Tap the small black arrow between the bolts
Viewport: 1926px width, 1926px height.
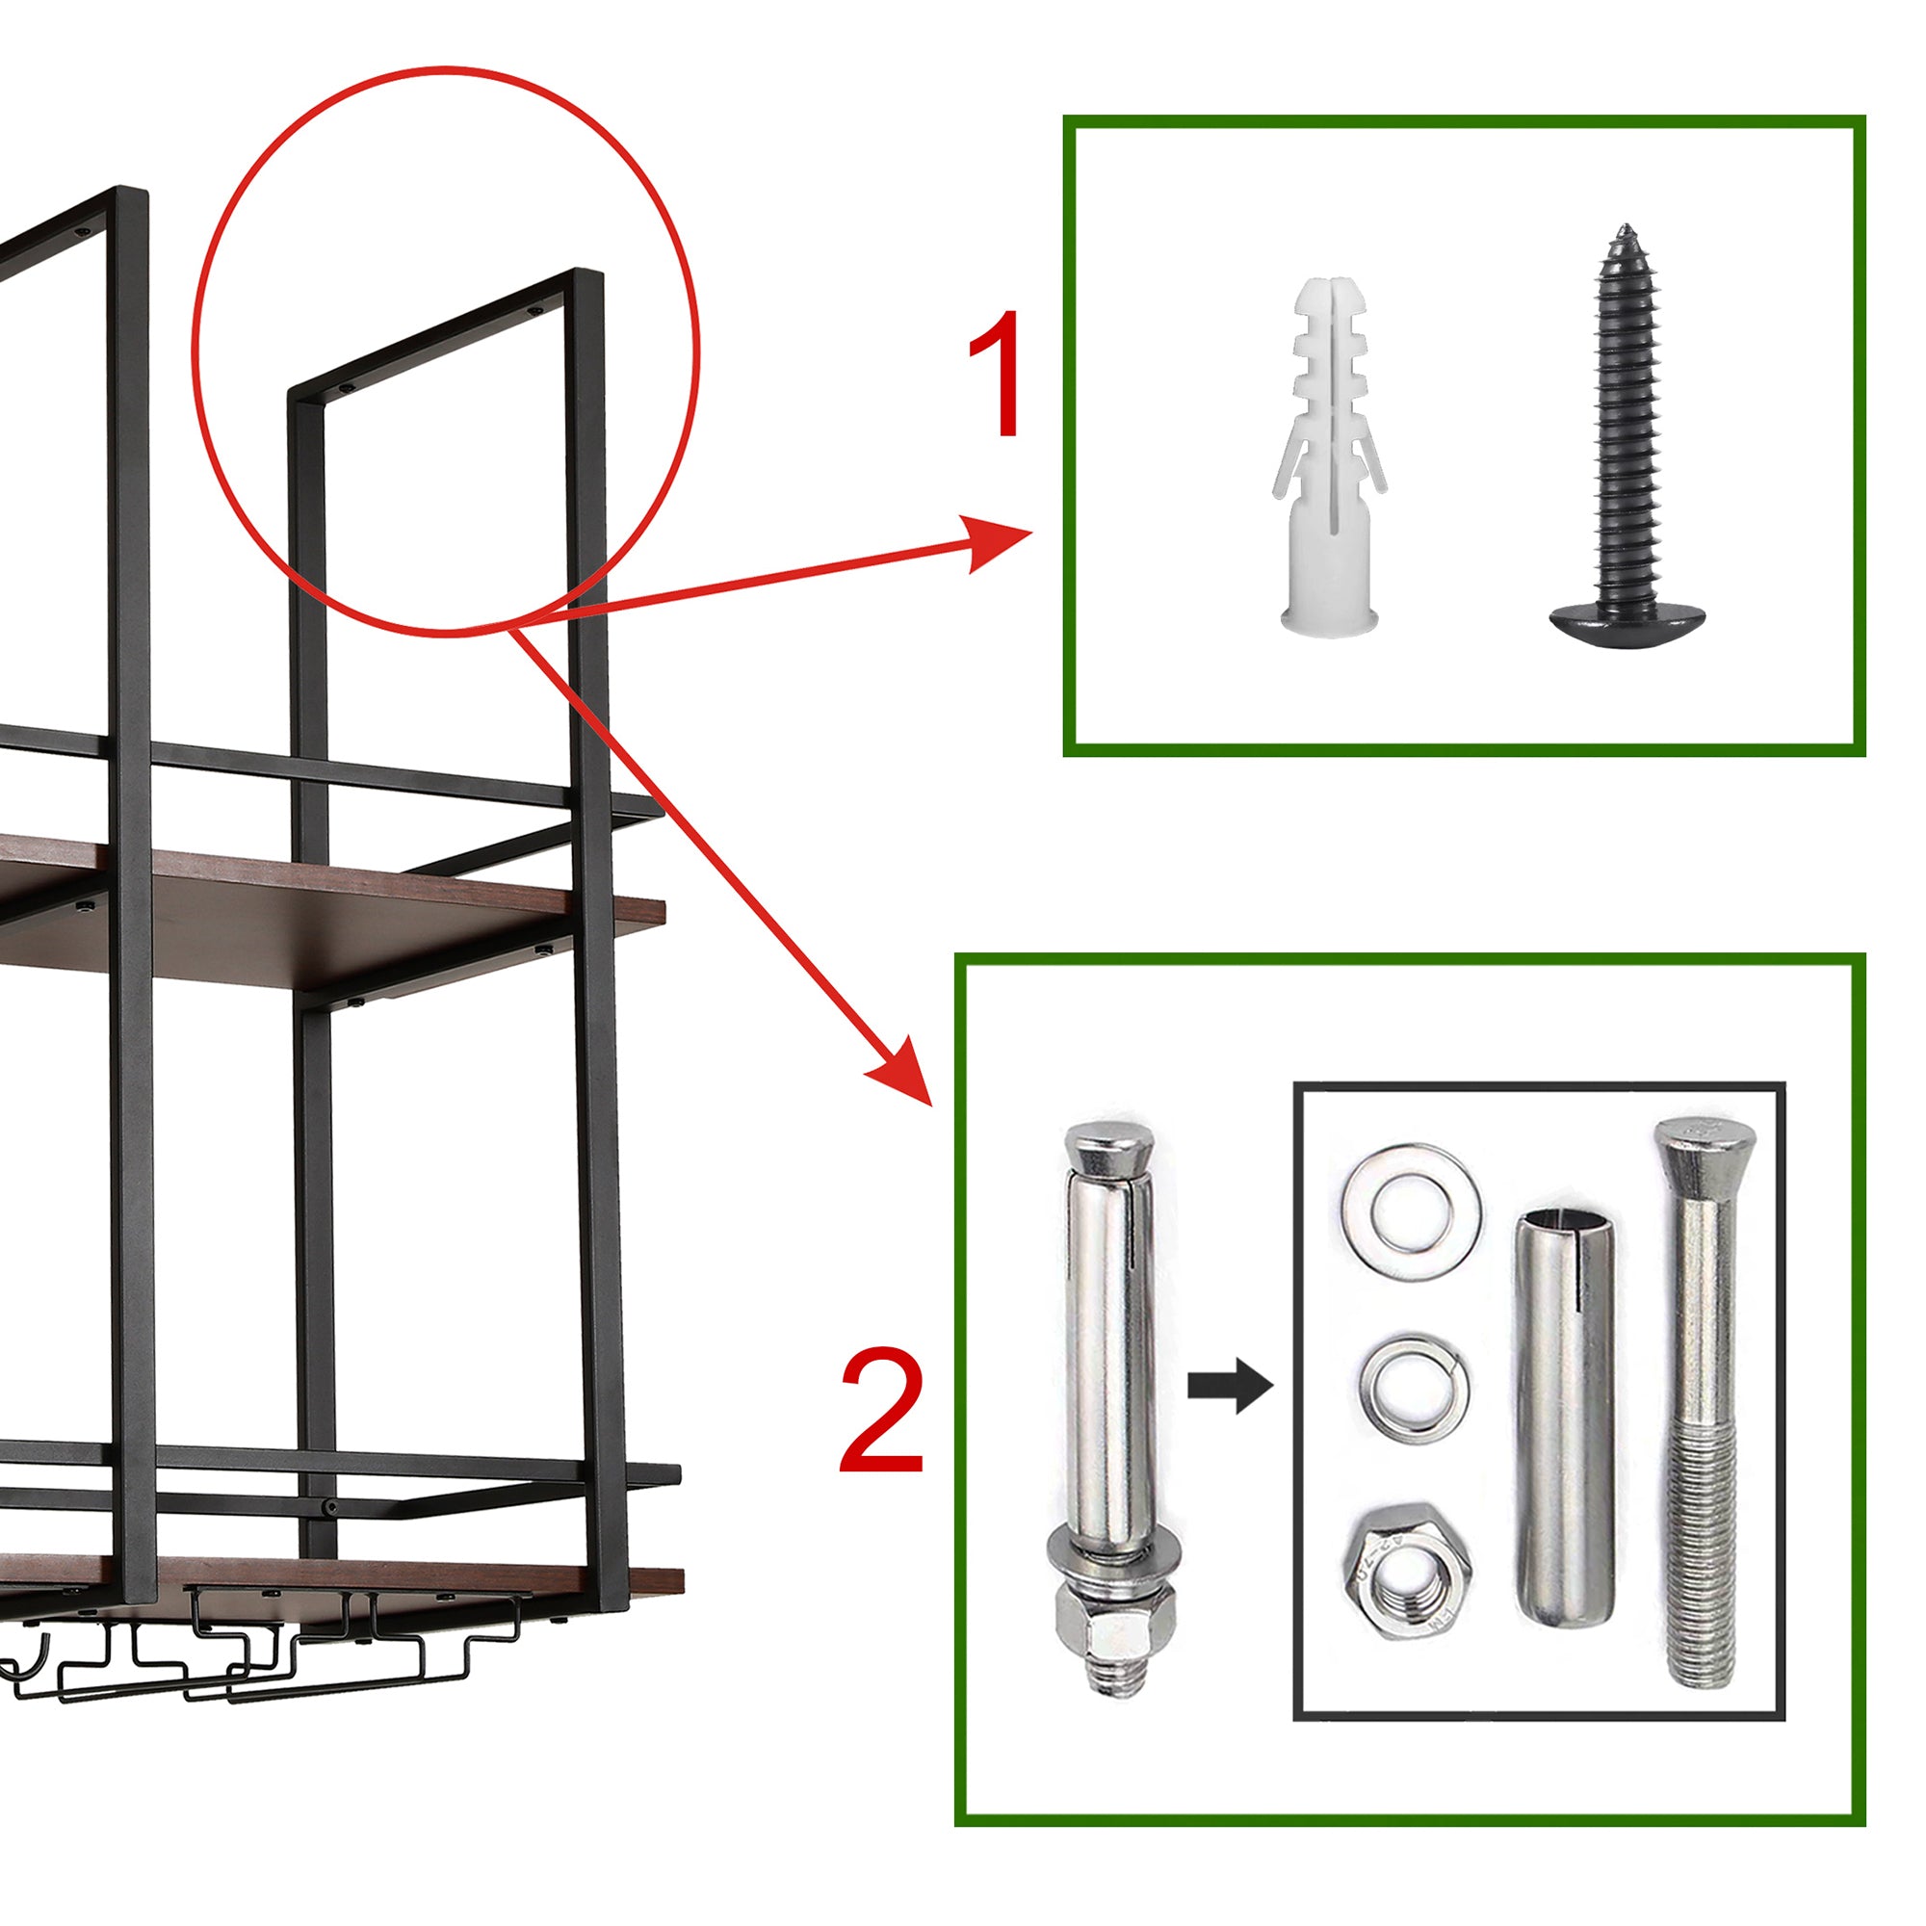[x=1230, y=1386]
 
